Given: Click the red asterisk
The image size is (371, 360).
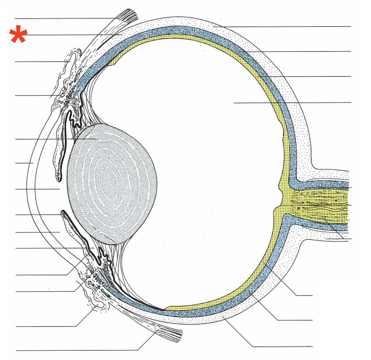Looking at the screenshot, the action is click(x=18, y=34).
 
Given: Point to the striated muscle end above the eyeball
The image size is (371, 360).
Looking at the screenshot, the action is click(x=128, y=15).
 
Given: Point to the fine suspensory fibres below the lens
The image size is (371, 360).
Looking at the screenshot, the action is click(x=122, y=267).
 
